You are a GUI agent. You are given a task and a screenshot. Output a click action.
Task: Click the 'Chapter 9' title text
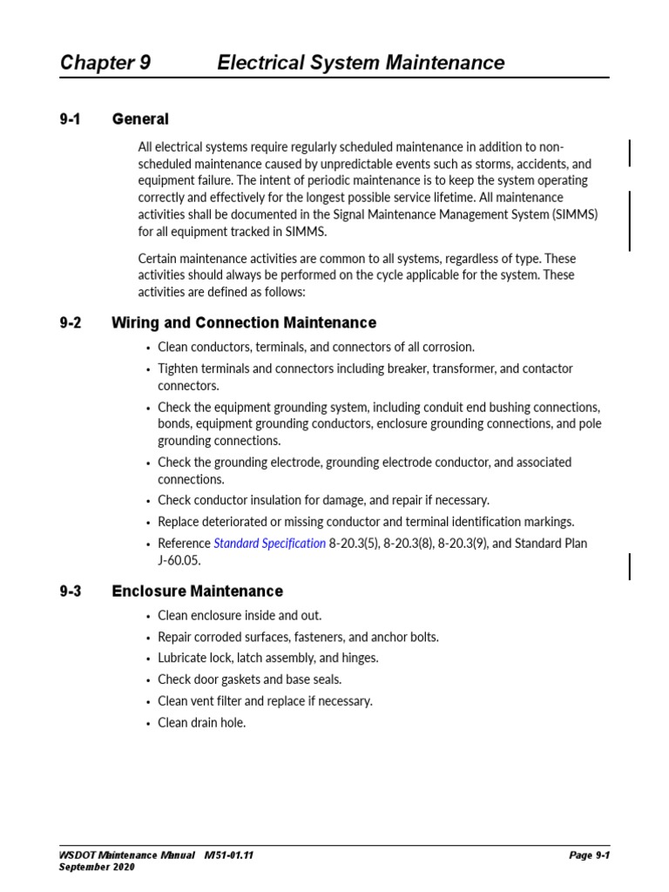pos(105,63)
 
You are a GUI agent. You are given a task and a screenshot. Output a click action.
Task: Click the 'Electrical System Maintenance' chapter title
pos(361,63)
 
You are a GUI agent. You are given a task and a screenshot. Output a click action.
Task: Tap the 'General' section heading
pos(140,119)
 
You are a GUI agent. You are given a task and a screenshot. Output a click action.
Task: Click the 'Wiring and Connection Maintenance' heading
pos(244,323)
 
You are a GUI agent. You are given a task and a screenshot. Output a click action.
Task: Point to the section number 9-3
pos(70,591)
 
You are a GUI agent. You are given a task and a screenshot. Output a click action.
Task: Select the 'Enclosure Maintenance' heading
pos(198,591)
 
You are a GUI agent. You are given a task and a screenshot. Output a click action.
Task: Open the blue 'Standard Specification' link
pos(270,544)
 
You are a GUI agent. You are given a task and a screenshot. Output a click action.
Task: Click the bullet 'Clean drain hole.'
pos(201,723)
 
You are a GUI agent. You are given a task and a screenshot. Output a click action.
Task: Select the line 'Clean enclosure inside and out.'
pos(233,616)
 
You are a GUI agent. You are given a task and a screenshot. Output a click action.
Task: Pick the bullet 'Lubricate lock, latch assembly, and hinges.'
pos(267,659)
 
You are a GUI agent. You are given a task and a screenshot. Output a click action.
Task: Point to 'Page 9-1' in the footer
pos(589,855)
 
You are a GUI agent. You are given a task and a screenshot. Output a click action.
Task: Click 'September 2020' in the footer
pos(97,868)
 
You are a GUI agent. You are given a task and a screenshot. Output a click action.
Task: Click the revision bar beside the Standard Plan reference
pos(630,565)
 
